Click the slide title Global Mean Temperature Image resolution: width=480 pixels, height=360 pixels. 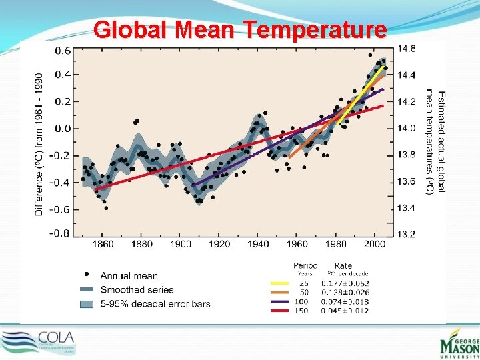point(240,30)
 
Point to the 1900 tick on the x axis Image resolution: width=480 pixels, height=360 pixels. point(181,244)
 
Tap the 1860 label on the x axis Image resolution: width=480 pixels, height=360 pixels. point(103,244)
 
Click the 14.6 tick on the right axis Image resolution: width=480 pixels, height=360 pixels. point(407,49)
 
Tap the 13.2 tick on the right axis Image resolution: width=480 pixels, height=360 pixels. point(407,234)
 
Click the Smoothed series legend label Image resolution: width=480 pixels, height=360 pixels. point(137,290)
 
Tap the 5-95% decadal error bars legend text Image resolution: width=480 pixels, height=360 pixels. point(155,304)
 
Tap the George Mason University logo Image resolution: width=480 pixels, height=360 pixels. point(458,345)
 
